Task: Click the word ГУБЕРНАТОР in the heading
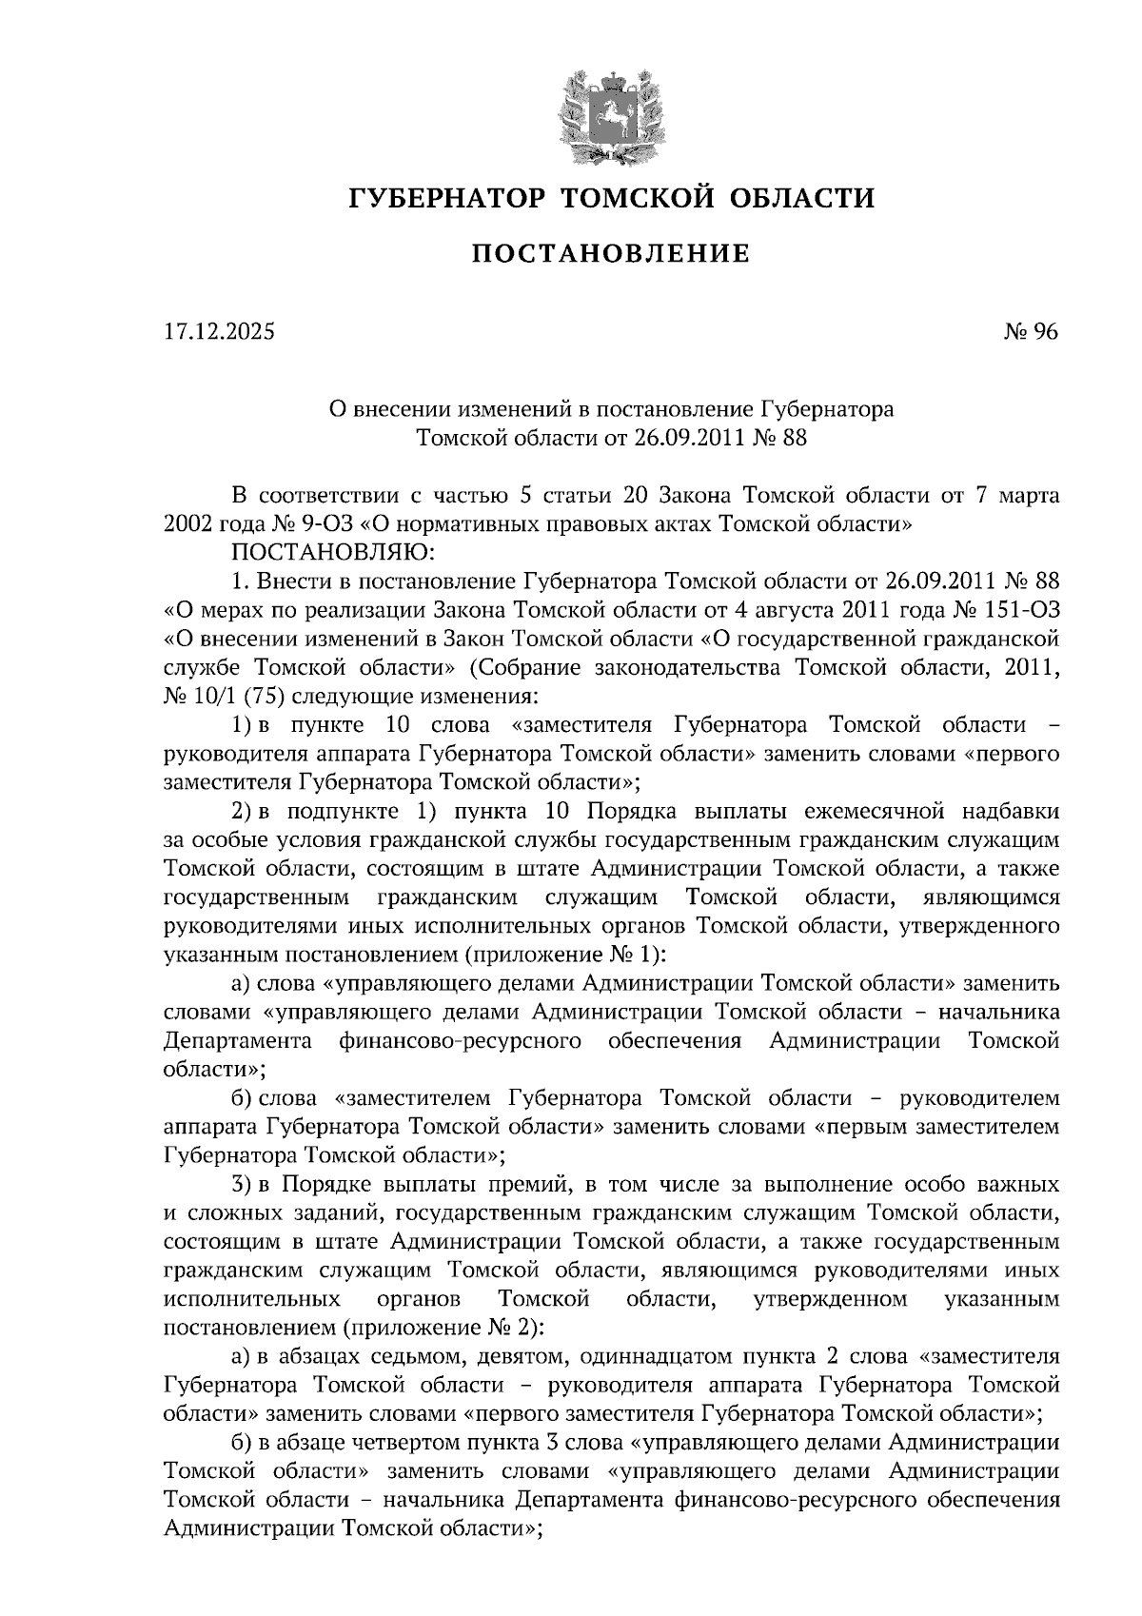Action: [447, 198]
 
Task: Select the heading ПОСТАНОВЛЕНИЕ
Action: [611, 254]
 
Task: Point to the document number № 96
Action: [1031, 332]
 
